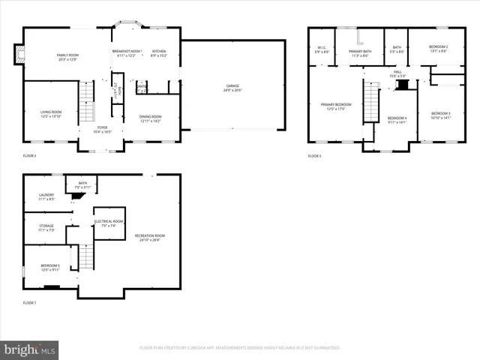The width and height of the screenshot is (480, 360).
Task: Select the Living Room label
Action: [x=51, y=113]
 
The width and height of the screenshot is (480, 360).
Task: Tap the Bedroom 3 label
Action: [x=440, y=115]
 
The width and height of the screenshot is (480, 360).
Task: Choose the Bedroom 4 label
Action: [x=397, y=118]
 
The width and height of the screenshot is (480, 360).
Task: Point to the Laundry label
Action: [x=46, y=197]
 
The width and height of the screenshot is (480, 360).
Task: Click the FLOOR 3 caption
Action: [x=314, y=156]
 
